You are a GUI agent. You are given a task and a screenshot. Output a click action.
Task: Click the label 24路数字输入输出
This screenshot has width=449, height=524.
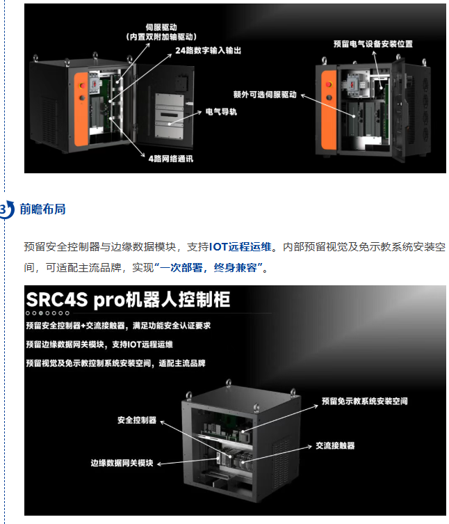click(208, 51)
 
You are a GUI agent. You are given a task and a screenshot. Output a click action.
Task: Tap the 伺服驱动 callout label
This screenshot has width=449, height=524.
click(161, 27)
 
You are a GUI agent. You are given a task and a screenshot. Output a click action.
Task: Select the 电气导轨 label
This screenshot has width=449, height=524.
click(221, 111)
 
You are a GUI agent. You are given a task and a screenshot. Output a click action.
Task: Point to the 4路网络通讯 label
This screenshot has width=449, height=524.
click(170, 159)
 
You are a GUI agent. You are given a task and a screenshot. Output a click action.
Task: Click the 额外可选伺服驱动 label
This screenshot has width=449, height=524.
click(265, 95)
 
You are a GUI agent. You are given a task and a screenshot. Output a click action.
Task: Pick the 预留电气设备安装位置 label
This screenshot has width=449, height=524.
click(373, 44)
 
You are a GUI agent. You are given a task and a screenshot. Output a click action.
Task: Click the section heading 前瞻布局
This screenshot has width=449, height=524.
click(42, 209)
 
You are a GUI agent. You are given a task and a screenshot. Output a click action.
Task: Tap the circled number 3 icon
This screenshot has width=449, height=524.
click(6, 210)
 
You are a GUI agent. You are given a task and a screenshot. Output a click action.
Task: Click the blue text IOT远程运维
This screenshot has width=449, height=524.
click(240, 247)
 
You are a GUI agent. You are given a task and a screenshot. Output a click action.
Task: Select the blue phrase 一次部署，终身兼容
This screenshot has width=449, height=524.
click(209, 268)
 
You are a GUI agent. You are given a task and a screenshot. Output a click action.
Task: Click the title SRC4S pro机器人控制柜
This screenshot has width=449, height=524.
click(128, 299)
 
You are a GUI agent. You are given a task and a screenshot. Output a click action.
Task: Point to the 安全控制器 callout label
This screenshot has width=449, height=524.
click(137, 420)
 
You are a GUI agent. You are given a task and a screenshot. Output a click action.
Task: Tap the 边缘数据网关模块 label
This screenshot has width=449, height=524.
click(122, 463)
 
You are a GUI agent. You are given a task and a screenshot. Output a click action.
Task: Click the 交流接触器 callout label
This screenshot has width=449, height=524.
click(335, 445)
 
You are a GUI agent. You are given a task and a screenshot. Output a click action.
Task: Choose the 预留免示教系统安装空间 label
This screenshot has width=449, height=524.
click(364, 401)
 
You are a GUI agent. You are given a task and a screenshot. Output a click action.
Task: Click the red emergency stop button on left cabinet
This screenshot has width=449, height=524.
click(82, 85)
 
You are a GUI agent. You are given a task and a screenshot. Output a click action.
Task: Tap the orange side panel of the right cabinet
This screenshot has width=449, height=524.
click(329, 110)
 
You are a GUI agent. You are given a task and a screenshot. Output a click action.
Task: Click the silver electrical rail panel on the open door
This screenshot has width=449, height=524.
click(170, 116)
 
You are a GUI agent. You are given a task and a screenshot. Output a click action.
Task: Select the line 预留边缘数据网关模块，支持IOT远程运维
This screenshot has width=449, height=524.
click(99, 344)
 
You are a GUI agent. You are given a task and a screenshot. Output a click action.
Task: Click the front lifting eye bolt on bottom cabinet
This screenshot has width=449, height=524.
click(256, 408)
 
